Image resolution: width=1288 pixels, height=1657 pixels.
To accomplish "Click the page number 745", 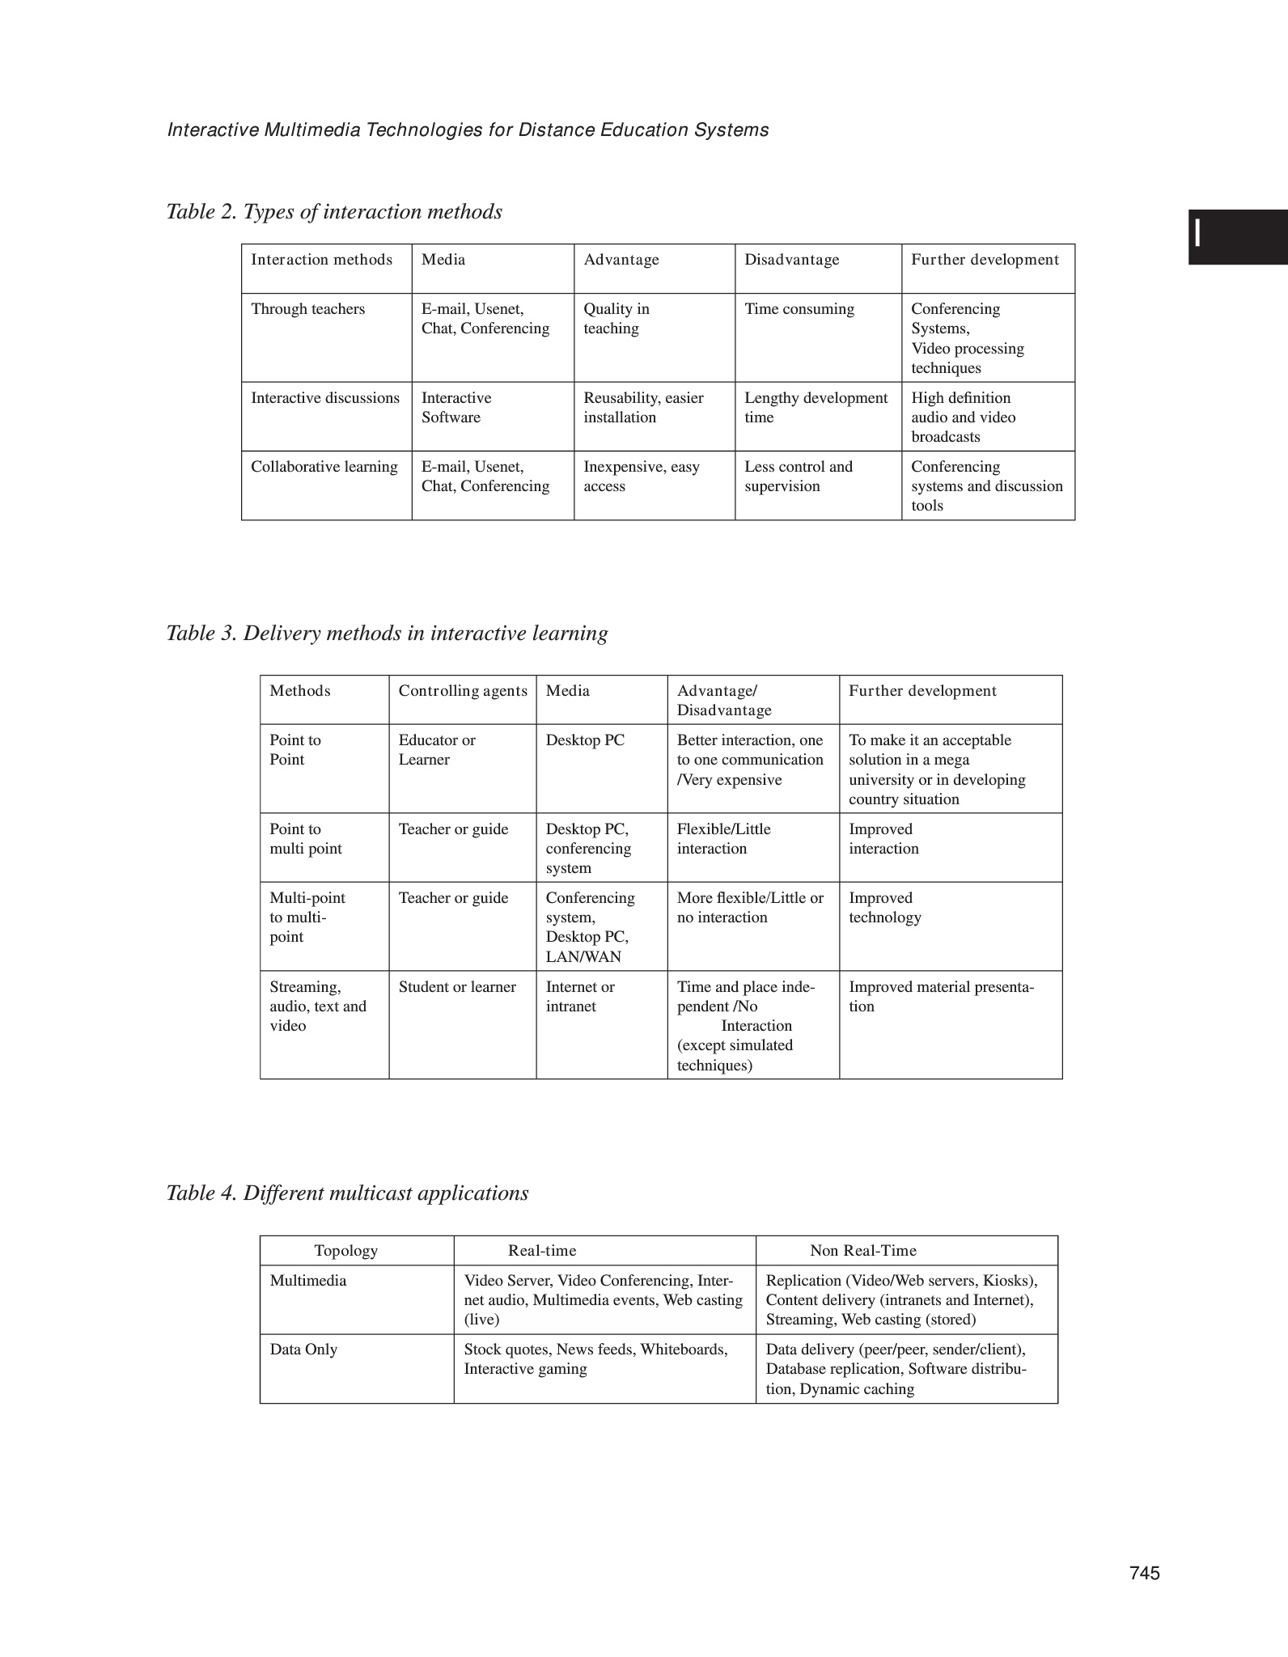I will point(1144,1573).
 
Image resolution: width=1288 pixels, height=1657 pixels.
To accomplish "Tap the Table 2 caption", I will point(334,212).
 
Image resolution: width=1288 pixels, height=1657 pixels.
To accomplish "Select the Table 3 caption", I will point(387,633).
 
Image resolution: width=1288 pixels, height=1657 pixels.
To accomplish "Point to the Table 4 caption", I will point(347,1193).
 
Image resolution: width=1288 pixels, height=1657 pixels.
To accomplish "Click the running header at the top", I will point(468,130).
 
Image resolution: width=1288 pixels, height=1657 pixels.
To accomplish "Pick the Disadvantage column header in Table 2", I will point(792,260).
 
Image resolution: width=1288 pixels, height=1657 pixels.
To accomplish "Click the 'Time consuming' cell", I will point(799,309).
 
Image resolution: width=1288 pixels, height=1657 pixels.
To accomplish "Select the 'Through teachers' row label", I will point(307,309).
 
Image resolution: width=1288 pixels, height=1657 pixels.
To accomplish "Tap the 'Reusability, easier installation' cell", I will point(643,408).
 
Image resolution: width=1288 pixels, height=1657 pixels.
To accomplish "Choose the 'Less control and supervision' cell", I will point(799,477).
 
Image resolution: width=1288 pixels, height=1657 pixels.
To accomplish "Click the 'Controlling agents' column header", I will point(463,691).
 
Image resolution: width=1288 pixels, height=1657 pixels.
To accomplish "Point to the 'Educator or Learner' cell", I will point(437,750).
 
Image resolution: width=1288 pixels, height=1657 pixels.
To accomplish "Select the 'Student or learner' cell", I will point(457,987).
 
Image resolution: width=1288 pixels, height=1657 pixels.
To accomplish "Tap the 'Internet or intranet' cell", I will point(580,997).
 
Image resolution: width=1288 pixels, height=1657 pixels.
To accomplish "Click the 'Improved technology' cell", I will point(885,908).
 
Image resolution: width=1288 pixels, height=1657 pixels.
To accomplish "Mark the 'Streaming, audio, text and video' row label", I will point(318,1006).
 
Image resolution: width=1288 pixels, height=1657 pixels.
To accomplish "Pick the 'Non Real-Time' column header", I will point(863,1251).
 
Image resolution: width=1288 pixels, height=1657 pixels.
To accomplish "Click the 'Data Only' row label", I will point(303,1350).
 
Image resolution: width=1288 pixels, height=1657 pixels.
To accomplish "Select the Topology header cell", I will point(346,1251).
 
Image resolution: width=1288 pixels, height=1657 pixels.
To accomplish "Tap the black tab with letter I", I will point(1237,237).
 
